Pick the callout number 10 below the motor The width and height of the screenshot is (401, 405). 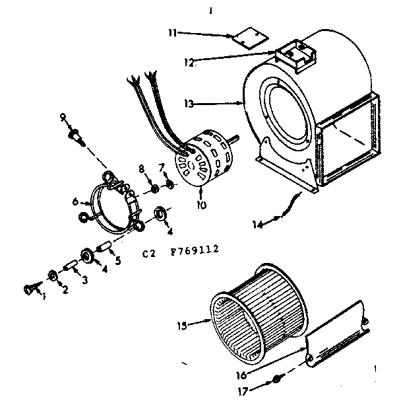point(201,205)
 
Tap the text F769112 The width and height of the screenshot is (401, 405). point(195,250)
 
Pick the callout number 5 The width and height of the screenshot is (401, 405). point(118,260)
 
